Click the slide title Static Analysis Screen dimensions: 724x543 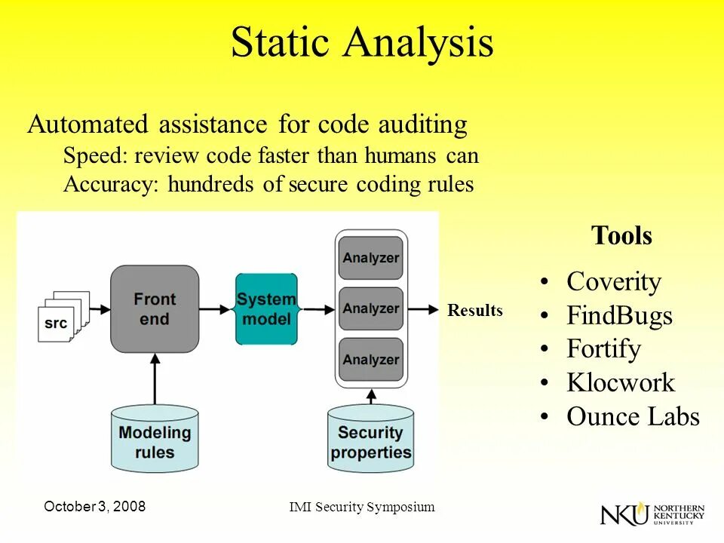(x=362, y=43)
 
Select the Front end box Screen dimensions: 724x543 (x=155, y=308)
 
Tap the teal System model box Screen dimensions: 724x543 (x=266, y=309)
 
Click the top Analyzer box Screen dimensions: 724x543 (x=370, y=258)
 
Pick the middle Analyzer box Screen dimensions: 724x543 (x=370, y=308)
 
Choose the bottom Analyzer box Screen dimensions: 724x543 (x=370, y=359)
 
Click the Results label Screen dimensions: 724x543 (x=474, y=311)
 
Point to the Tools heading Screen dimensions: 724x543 (x=621, y=236)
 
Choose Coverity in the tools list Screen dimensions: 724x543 (x=613, y=282)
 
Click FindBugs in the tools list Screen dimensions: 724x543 (x=618, y=315)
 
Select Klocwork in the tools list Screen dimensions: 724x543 (x=620, y=383)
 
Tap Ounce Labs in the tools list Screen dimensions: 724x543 (x=633, y=417)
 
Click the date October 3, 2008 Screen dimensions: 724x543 (x=95, y=507)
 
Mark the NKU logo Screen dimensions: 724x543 (x=652, y=514)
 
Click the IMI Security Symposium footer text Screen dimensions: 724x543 (x=362, y=507)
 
